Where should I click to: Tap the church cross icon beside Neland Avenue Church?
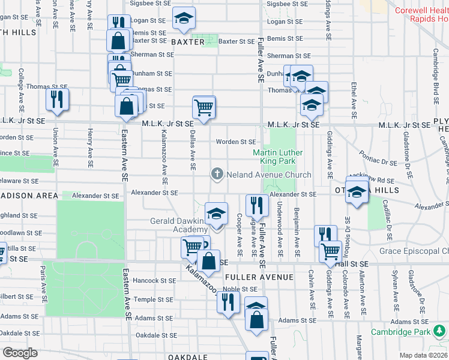pyautogui.click(x=217, y=175)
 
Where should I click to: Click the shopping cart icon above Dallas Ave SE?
pyautogui.click(x=203, y=107)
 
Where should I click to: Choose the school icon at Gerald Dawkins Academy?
pyautogui.click(x=216, y=214)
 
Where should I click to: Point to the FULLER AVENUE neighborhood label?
pyautogui.click(x=259, y=277)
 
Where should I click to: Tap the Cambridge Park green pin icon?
pyautogui.click(x=441, y=331)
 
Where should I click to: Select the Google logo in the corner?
pyautogui.click(x=20, y=353)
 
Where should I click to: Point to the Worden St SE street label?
pyautogui.click(x=237, y=142)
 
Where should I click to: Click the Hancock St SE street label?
pyautogui.click(x=154, y=280)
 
